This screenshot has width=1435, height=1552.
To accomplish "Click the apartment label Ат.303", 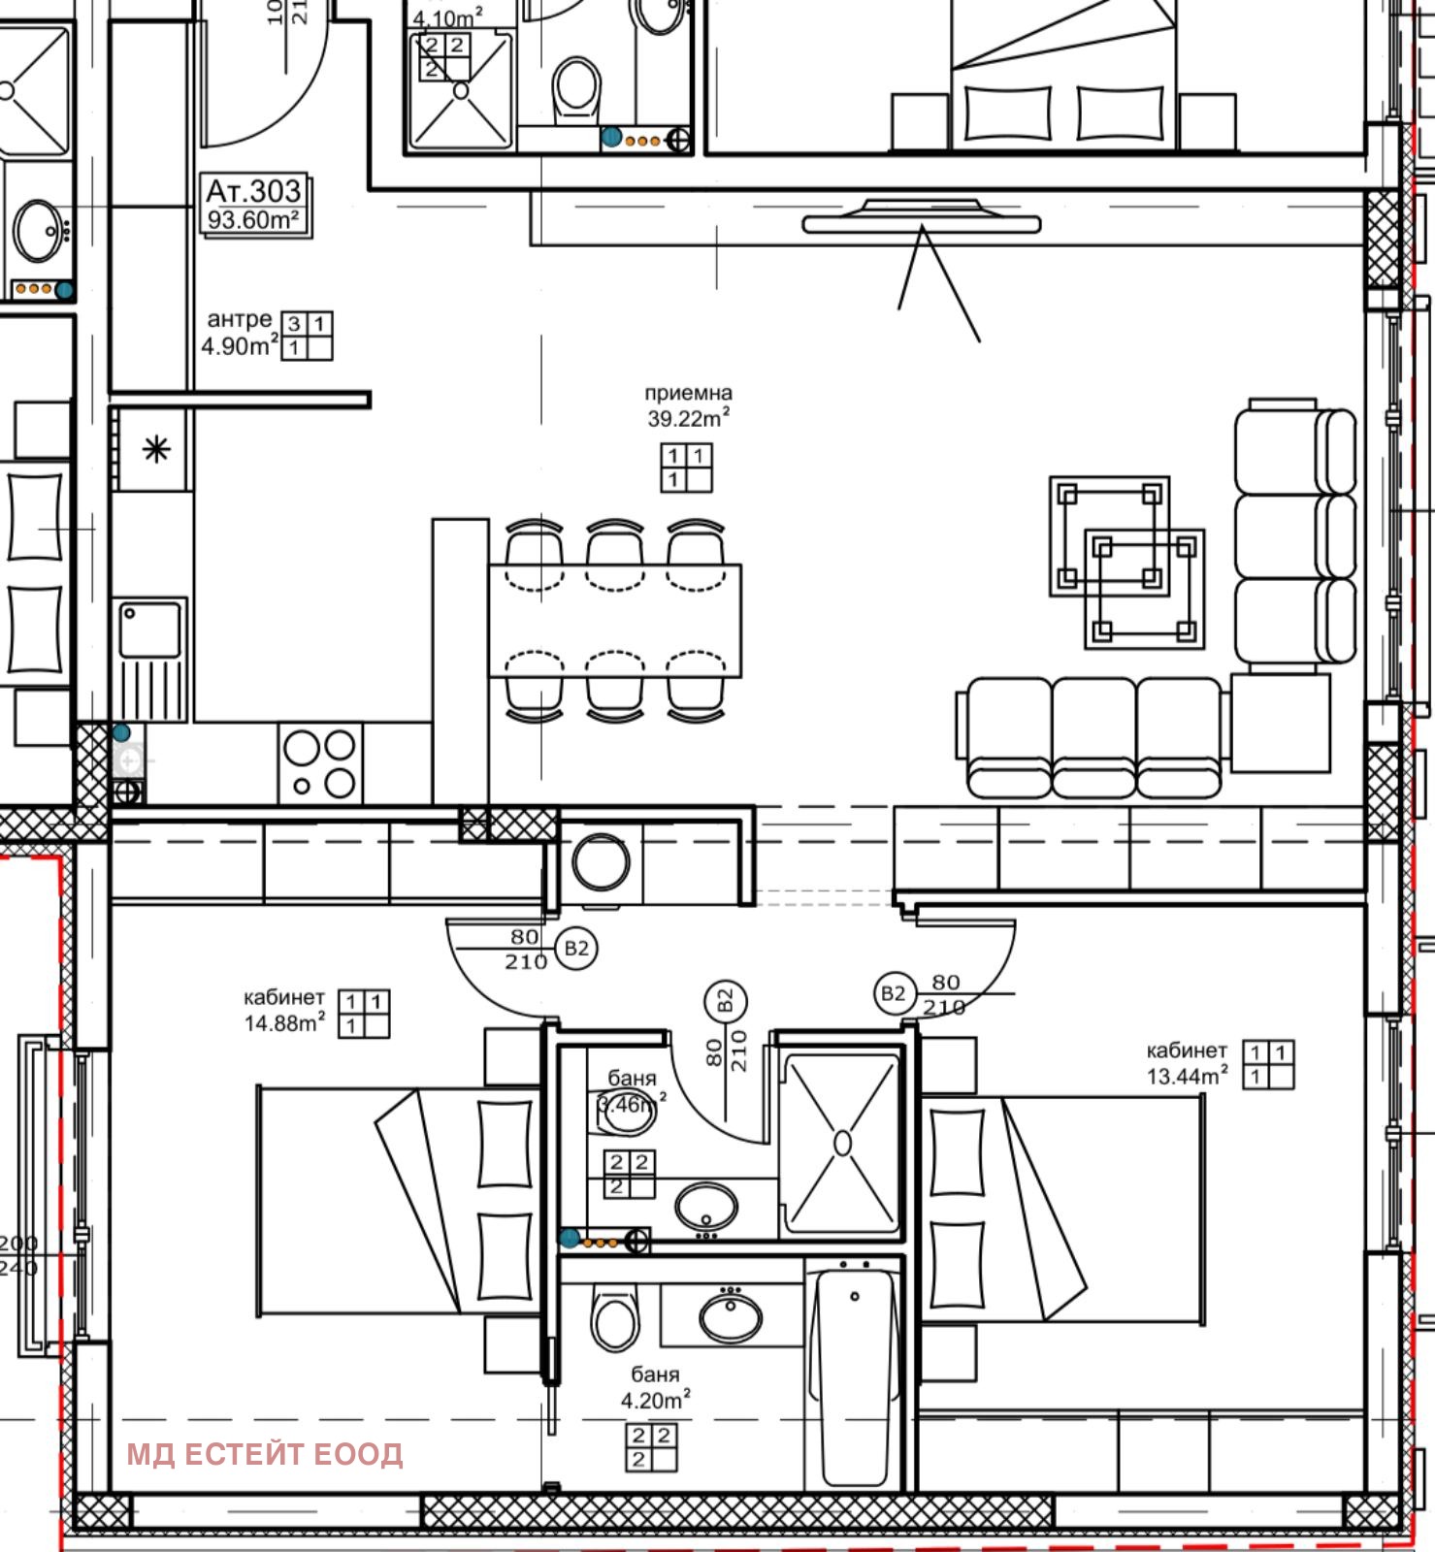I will pyautogui.click(x=254, y=191).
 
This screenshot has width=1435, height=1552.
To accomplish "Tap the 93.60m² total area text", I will pyautogui.click(x=253, y=220).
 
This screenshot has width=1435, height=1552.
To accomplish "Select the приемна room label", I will pyautogui.click(x=688, y=393).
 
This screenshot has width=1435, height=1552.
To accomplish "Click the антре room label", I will pyautogui.click(x=239, y=319).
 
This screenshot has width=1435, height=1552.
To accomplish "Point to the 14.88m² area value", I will pyautogui.click(x=284, y=1022).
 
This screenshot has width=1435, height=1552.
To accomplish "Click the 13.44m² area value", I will pyautogui.click(x=1188, y=1076).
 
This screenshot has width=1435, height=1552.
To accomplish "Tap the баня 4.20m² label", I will pyautogui.click(x=655, y=1387).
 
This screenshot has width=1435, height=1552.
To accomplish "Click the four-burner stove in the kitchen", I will pyautogui.click(x=320, y=762).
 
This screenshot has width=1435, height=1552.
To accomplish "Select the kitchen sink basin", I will pyautogui.click(x=149, y=629).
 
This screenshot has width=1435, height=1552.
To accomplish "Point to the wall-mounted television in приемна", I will pyautogui.click(x=922, y=221).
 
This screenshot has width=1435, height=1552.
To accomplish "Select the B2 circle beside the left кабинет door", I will pyautogui.click(x=576, y=949).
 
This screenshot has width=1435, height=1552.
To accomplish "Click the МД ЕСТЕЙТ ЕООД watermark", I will pyautogui.click(x=264, y=1454).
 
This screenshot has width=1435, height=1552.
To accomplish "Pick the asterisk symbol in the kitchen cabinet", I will pyautogui.click(x=156, y=449).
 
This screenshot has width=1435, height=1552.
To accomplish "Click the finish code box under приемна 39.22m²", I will pyautogui.click(x=686, y=468).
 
